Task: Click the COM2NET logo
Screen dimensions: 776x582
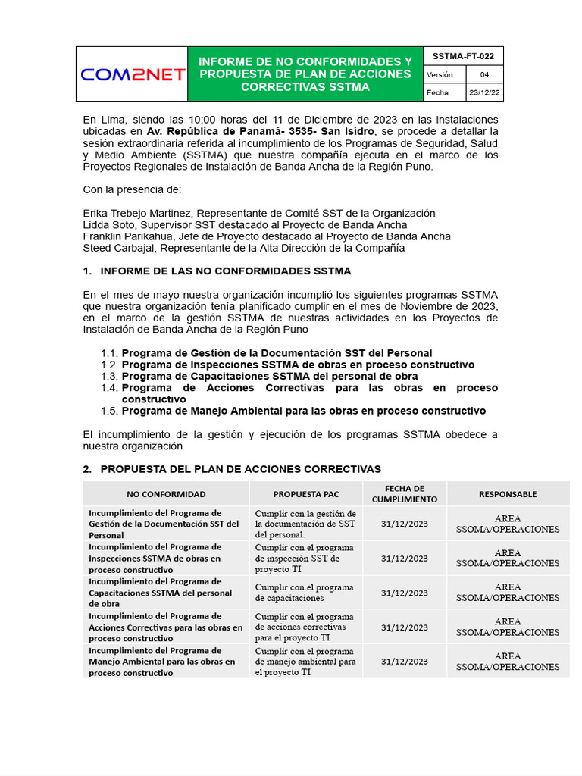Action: pos(133,74)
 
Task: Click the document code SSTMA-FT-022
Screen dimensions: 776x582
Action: pos(462,56)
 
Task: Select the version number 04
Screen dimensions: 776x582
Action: pos(483,74)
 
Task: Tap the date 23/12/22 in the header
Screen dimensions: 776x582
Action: pos(483,92)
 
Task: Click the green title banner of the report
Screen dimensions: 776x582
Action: pos(305,74)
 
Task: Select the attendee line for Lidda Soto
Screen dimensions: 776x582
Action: pos(245,224)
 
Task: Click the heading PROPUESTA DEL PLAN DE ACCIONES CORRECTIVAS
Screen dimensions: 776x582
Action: pos(240,469)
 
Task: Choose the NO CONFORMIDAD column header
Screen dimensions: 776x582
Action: pos(166,494)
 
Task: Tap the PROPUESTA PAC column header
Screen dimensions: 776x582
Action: pos(306,494)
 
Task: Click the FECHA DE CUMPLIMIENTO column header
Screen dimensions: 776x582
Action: pos(404,494)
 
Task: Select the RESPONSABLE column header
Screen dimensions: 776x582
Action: pos(508,494)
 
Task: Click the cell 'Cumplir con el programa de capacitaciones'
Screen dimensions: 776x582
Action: pos(305,593)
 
